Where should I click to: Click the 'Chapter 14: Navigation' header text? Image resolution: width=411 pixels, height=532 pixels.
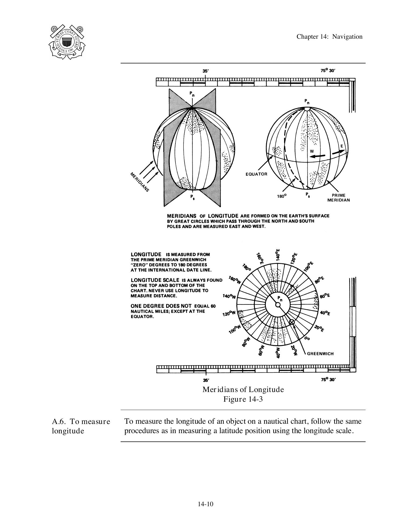329,37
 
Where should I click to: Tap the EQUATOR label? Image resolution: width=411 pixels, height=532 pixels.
256,174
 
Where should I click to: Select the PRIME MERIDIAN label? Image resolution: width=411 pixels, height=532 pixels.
338,198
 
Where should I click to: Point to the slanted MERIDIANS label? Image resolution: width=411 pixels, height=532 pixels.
140,182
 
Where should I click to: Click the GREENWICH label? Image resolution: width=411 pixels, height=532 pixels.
320,354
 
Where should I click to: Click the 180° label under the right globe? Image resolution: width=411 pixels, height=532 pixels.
282,196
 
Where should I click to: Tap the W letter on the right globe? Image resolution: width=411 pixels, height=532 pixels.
312,151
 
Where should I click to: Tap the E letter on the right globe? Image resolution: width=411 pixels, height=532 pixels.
342,146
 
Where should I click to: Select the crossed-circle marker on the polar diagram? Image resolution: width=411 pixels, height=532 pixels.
292,322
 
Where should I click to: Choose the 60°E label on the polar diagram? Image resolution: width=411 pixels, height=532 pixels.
325,296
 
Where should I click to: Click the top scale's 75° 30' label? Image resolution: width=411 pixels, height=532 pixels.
328,71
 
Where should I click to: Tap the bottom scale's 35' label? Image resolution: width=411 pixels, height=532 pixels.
206,380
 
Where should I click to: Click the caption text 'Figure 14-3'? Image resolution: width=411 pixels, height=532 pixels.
243,399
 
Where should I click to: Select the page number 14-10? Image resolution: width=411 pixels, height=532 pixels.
205,504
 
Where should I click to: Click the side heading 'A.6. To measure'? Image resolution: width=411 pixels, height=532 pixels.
81,422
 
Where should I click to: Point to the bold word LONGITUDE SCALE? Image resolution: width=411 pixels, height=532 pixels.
155,280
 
